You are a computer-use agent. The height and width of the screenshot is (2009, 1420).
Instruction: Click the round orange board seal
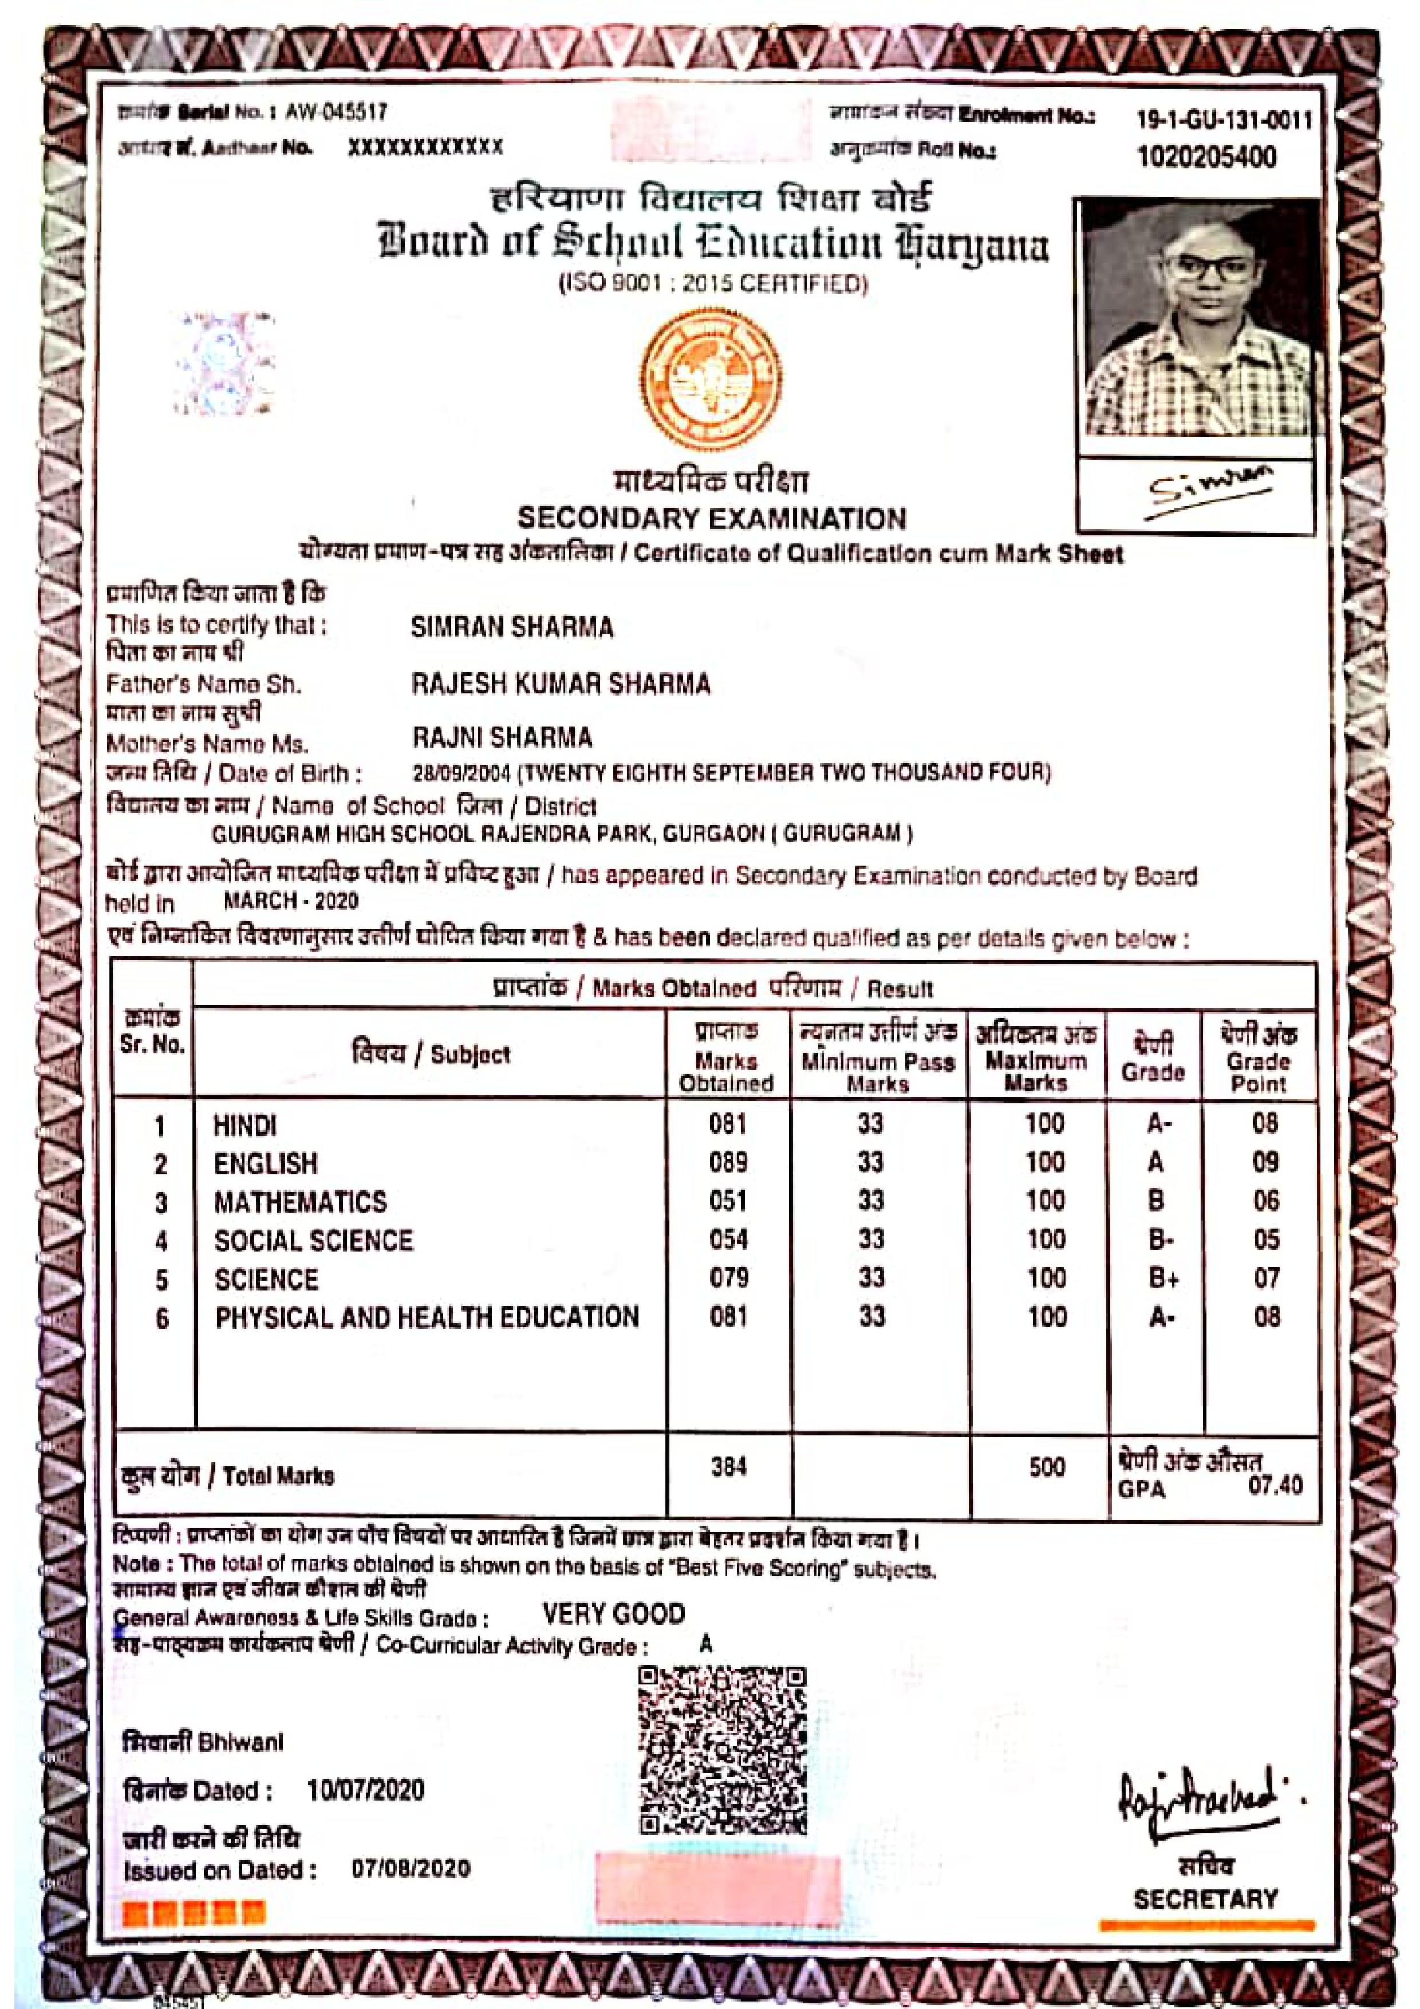[x=711, y=379]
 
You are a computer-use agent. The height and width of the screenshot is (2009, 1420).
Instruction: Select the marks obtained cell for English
[x=728, y=1162]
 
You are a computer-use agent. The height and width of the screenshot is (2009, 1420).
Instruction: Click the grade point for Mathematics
[x=1266, y=1201]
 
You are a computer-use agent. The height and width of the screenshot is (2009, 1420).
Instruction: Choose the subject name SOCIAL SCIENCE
[x=313, y=1240]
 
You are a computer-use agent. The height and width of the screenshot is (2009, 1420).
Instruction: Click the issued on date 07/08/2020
[x=411, y=1868]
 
